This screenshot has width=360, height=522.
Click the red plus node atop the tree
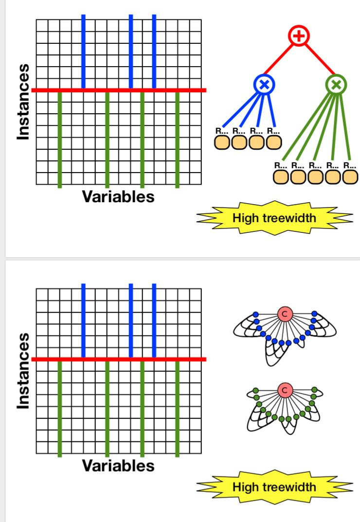(299, 35)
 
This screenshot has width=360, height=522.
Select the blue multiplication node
(264, 85)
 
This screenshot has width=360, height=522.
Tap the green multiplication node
(336, 85)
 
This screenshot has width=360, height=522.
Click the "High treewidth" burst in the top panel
(274, 218)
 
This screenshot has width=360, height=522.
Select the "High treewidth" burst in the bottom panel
(274, 487)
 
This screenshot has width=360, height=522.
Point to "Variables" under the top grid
(118, 197)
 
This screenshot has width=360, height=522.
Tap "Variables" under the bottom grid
(118, 466)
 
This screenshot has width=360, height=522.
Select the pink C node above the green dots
(285, 389)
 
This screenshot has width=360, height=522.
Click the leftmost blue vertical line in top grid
(84, 52)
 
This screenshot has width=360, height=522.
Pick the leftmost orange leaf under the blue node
(222, 142)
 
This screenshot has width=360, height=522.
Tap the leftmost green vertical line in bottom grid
(60, 408)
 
